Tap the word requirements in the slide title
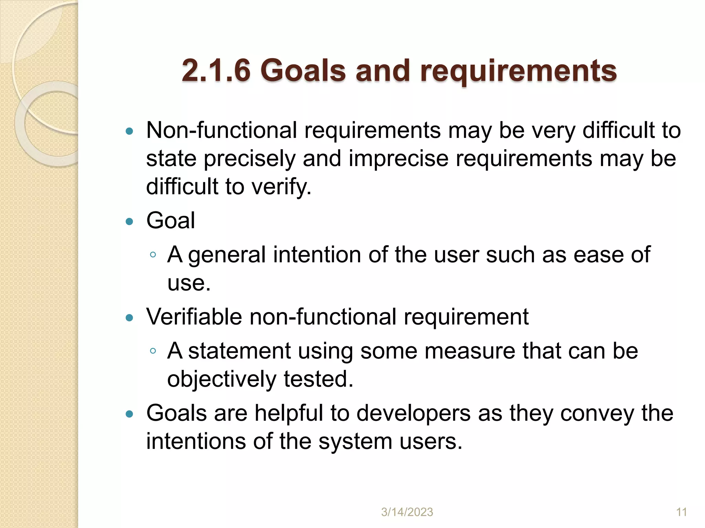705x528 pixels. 518,71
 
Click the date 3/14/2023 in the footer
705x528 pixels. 407,512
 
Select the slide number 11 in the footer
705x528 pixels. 681,512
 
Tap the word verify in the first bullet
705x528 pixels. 281,187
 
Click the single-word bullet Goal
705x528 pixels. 170,220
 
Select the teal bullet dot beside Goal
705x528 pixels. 129,221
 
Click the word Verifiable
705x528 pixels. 194,317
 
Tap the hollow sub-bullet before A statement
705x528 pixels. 153,351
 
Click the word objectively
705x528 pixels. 222,379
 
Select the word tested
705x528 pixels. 318,379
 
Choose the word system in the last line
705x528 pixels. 355,441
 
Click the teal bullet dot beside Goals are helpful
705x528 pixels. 129,414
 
